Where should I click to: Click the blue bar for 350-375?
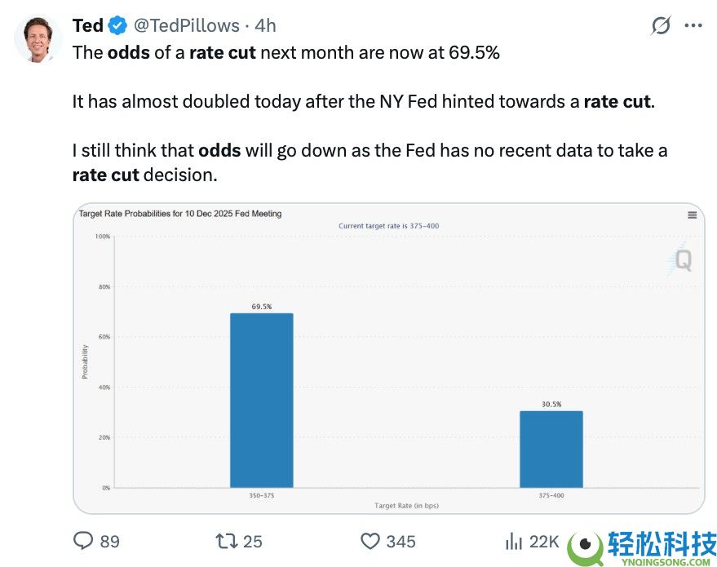pos(261,400)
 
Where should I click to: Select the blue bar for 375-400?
pos(551,449)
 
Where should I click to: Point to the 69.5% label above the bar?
pos(261,307)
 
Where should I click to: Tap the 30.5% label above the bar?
pos(551,404)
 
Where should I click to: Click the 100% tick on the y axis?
pos(103,237)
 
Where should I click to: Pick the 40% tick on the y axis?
pos(104,388)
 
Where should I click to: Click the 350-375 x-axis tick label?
pos(261,495)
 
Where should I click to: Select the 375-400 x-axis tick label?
pos(551,495)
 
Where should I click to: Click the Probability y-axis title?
pos(85,361)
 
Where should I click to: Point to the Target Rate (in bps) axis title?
pos(406,506)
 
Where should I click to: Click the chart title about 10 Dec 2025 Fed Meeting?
pos(179,214)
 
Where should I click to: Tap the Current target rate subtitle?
pos(390,225)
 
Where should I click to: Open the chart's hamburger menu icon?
pos(692,215)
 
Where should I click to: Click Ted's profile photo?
pos(38,38)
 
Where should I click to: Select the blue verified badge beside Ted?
pos(117,26)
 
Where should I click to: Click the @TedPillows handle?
pos(186,26)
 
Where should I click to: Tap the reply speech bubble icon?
pos(84,541)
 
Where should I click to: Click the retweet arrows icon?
pos(224,541)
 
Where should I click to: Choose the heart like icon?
pos(370,541)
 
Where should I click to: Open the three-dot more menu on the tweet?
pos(693,26)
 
